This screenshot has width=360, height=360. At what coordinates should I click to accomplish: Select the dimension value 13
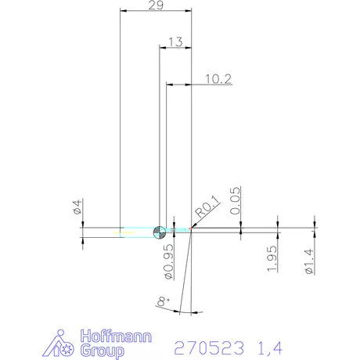(x=175, y=41)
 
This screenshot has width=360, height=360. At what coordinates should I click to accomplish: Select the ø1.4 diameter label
(x=308, y=260)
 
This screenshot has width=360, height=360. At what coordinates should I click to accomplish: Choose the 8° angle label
(x=161, y=301)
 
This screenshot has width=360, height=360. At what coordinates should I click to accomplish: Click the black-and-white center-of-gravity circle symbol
(x=160, y=230)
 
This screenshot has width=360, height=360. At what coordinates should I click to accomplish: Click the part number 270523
(x=210, y=346)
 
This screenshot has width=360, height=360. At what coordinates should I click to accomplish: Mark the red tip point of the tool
(x=191, y=229)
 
